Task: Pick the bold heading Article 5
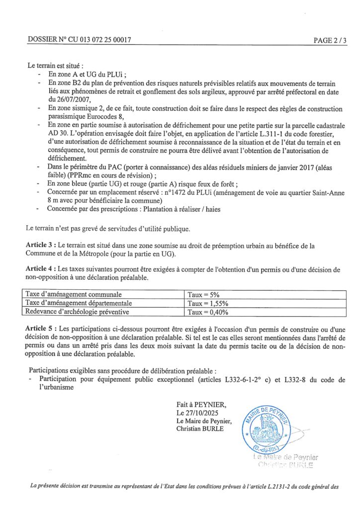40,329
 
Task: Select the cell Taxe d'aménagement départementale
79,303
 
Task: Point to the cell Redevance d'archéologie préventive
77,312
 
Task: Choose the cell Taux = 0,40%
207,312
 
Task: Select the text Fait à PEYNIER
197,405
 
